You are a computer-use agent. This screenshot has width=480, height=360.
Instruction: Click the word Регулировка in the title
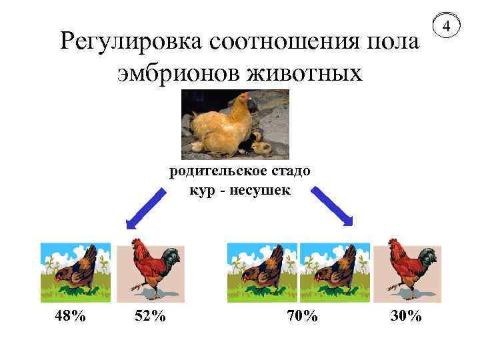pyautogui.click(x=131, y=44)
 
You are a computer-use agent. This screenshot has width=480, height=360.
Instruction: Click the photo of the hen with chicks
pyautogui.click(x=235, y=125)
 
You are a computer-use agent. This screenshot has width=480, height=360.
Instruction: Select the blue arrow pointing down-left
pyautogui.click(x=145, y=209)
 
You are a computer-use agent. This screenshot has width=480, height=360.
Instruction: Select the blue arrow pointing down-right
pyautogui.click(x=333, y=207)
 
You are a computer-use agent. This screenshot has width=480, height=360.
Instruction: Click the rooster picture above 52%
pyautogui.click(x=150, y=270)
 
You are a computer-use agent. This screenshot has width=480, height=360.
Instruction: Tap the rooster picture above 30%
pyautogui.click(x=406, y=270)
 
